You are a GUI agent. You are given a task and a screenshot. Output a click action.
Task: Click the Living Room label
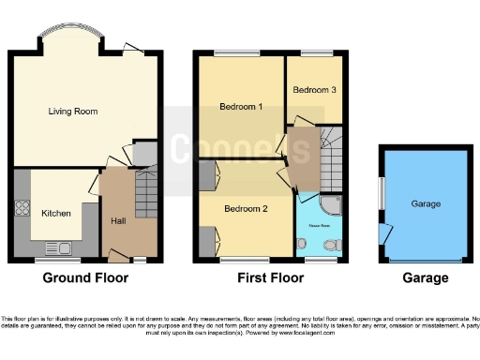tap(73, 112)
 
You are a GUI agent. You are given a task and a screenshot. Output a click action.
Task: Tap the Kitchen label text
tap(55, 214)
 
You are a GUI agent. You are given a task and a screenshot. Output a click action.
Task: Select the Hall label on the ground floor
tap(117, 221)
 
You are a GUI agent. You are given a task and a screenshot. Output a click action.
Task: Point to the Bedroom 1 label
tap(240, 107)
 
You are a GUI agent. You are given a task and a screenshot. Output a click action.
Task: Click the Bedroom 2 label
tap(242, 209)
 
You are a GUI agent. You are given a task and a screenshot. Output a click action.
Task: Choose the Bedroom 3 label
tap(311, 90)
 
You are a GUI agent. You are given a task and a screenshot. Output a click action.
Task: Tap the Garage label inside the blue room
tap(425, 203)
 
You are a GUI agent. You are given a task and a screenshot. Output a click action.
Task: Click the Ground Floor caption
tap(85, 278)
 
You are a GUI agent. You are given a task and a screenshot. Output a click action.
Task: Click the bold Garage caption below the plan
tap(425, 278)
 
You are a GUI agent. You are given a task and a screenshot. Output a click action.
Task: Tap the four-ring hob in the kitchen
tap(22, 210)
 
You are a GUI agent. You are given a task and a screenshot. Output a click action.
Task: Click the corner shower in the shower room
tap(332, 206)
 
